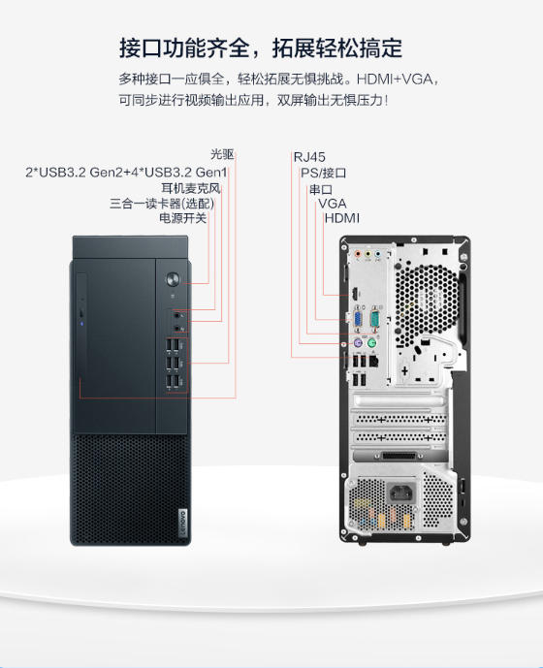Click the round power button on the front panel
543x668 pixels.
pyautogui.click(x=173, y=279)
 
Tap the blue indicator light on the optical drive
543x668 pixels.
pyautogui.click(x=81, y=324)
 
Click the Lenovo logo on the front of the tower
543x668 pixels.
pyautogui.click(x=183, y=523)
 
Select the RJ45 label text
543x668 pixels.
pyautogui.click(x=309, y=157)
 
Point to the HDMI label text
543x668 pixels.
pyautogui.click(x=342, y=218)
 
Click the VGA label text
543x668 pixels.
pyautogui.click(x=333, y=204)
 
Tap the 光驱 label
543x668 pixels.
pyautogui.click(x=222, y=154)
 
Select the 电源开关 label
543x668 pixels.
pyautogui.click(x=183, y=218)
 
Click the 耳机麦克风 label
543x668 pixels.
pyautogui.click(x=190, y=188)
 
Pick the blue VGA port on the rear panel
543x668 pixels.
pyautogui.click(x=358, y=320)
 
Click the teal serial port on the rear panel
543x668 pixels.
pyautogui.click(x=374, y=319)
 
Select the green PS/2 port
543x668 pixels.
pyautogui.click(x=371, y=342)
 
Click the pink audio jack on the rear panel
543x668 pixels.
pyautogui.click(x=358, y=254)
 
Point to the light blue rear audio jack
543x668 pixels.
pyautogui.click(x=377, y=254)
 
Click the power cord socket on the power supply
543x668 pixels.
pyautogui.click(x=401, y=493)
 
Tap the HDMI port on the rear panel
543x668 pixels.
pyautogui.click(x=354, y=294)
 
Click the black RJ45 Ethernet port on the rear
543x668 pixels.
pyautogui.click(x=373, y=362)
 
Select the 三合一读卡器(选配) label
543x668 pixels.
pyautogui.click(x=162, y=204)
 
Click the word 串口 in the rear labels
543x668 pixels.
pyautogui.click(x=321, y=189)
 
